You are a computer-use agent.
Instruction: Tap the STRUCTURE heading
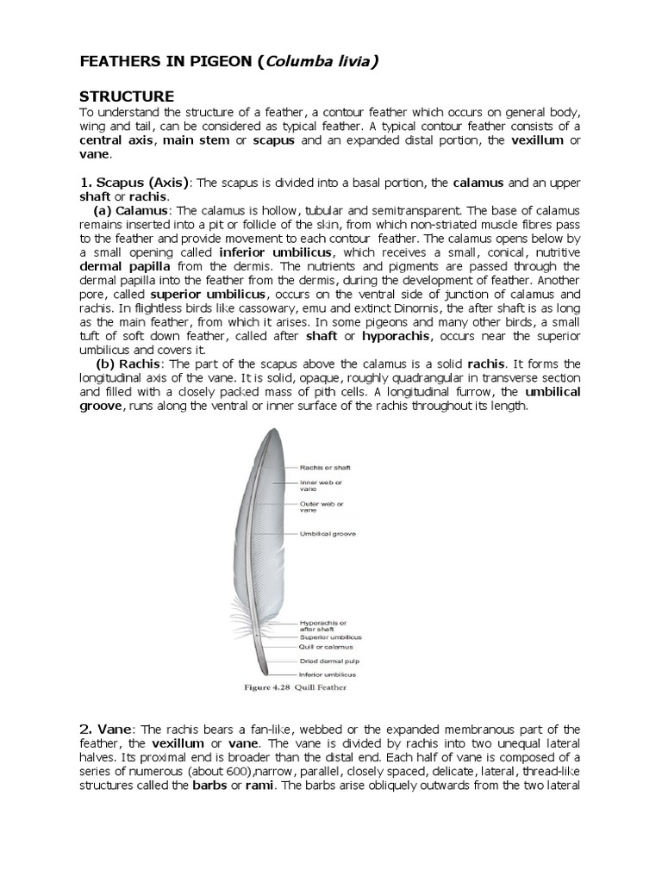click(127, 96)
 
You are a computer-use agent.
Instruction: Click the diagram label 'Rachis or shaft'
click(325, 468)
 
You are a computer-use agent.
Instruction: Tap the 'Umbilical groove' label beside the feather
click(328, 535)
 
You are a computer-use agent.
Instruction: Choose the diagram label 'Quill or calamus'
click(326, 646)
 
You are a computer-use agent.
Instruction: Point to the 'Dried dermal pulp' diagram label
click(328, 661)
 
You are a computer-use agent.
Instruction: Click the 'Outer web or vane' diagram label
click(321, 506)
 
